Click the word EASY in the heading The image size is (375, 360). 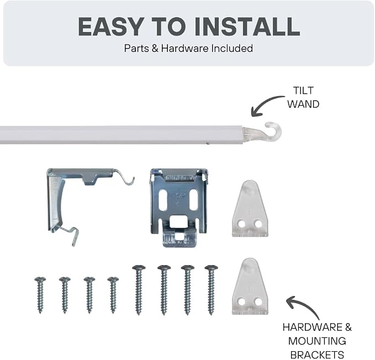(x=111, y=27)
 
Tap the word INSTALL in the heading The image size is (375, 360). (x=247, y=27)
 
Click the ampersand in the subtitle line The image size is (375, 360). (x=155, y=49)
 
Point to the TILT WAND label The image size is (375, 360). (x=303, y=97)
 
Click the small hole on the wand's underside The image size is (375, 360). (x=208, y=143)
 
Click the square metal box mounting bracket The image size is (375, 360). (x=179, y=207)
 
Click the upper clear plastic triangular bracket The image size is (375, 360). (x=250, y=209)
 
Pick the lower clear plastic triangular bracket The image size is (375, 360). (x=250, y=287)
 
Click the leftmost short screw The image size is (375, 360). (x=40, y=295)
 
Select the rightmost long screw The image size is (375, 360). (x=211, y=290)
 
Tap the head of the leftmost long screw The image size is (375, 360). (x=139, y=267)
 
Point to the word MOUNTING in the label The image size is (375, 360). (x=317, y=341)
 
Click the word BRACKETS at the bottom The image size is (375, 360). (x=317, y=354)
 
